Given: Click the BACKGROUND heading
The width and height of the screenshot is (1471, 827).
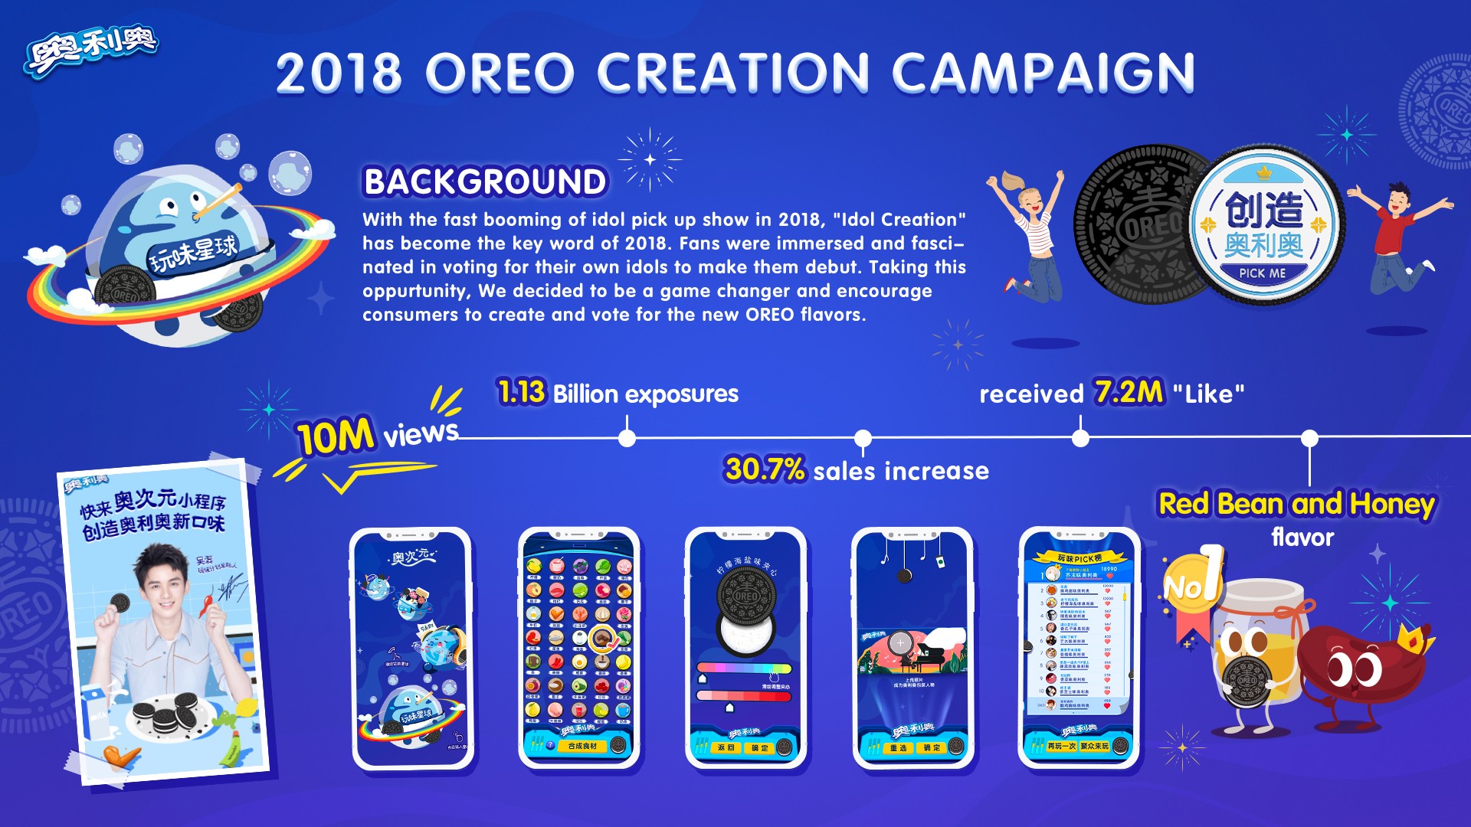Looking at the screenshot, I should point(485,182).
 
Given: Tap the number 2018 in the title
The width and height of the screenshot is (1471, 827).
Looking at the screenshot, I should point(339,74).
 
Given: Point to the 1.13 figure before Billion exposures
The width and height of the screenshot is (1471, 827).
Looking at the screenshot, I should point(522,392).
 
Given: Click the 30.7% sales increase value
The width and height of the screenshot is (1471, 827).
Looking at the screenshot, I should point(765,469).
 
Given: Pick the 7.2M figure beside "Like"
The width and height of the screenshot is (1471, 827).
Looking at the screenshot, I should point(1129,392).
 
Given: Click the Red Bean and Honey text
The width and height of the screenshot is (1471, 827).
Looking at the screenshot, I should point(1296,504).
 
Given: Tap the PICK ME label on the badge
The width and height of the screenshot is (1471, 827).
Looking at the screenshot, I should point(1263,273).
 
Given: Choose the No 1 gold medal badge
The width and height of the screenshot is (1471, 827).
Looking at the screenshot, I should point(1190,586).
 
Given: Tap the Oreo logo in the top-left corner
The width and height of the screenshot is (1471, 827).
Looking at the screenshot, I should point(91,48).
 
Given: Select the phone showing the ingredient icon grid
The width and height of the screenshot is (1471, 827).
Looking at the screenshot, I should point(579,647).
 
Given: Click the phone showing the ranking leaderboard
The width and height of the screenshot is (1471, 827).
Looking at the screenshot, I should point(1079,647).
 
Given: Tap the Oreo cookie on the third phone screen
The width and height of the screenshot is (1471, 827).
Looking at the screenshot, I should point(745,597).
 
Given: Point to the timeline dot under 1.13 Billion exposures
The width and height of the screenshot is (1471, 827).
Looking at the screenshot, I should point(627,438).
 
